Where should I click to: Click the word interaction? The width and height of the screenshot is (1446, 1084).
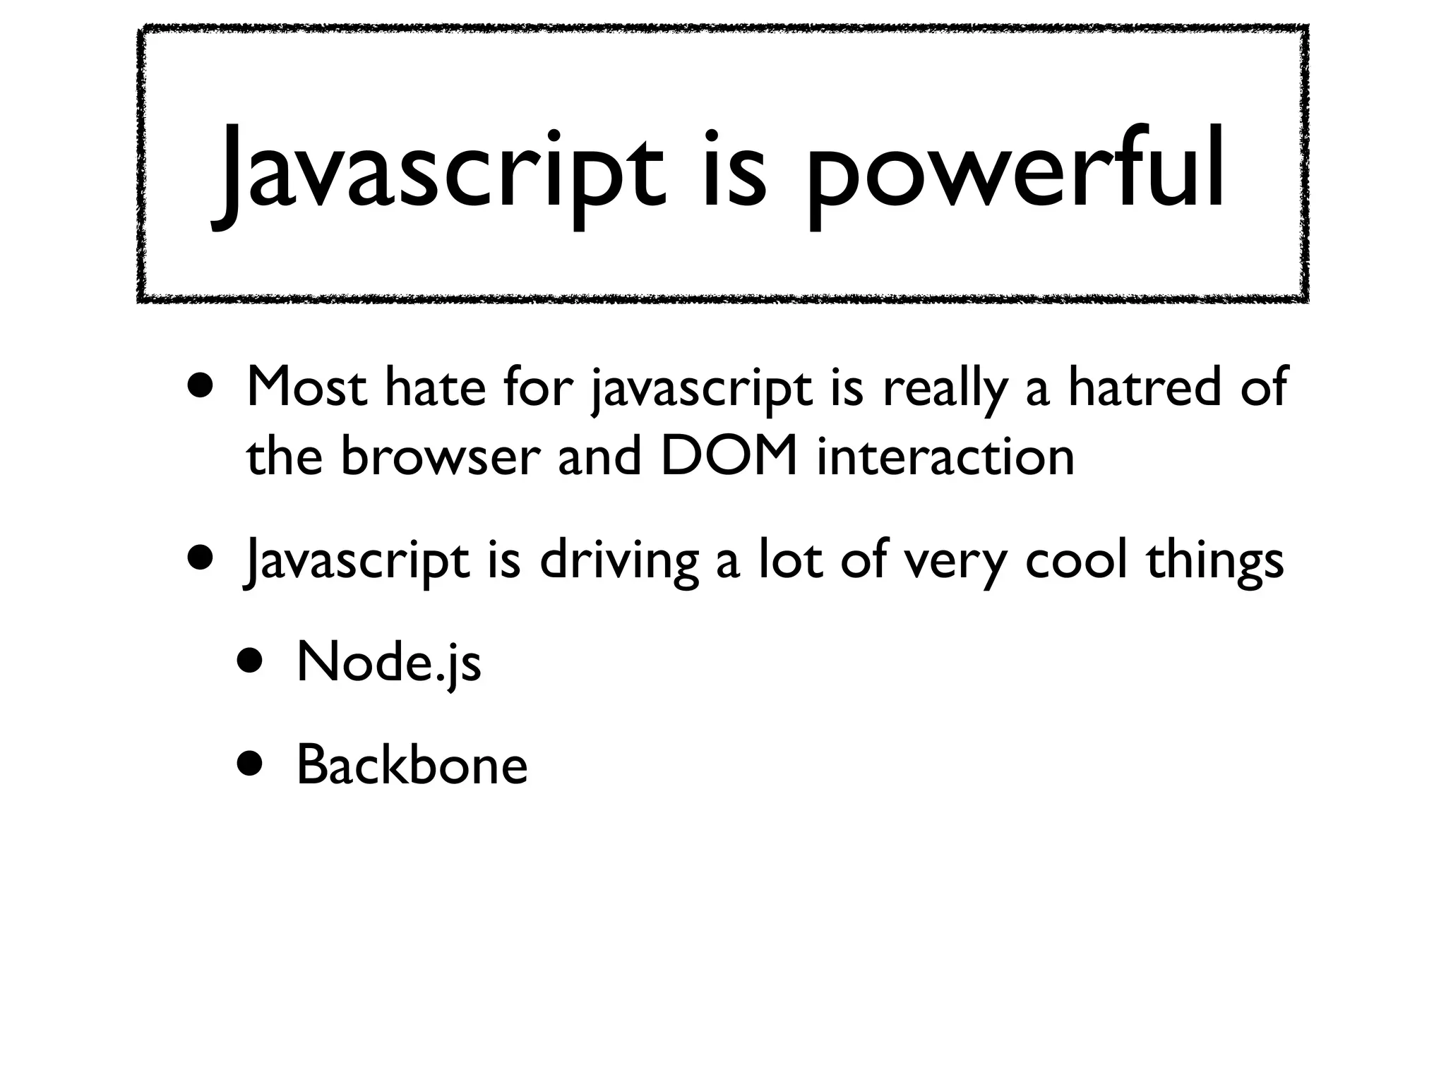point(945,457)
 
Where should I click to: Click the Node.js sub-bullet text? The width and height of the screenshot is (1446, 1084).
point(389,663)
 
